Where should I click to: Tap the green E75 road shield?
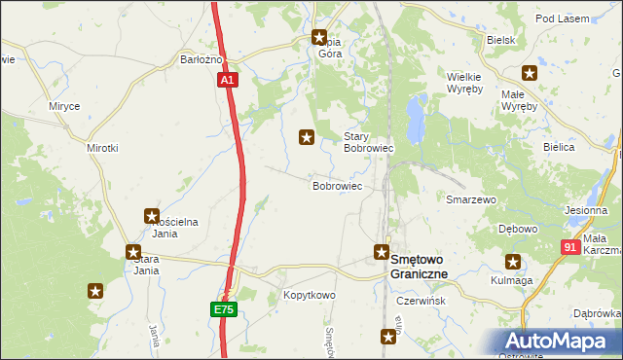point(224,309)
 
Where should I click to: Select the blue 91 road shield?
point(570,248)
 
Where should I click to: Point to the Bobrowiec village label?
point(337,185)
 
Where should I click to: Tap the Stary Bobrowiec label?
point(368,142)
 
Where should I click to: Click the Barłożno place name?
point(202,59)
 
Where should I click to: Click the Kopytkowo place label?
point(309,295)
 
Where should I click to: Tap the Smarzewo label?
point(471,198)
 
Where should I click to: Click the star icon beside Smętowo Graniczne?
point(382,252)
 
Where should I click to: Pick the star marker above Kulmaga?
point(512,261)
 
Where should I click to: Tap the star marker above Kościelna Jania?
point(152,216)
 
